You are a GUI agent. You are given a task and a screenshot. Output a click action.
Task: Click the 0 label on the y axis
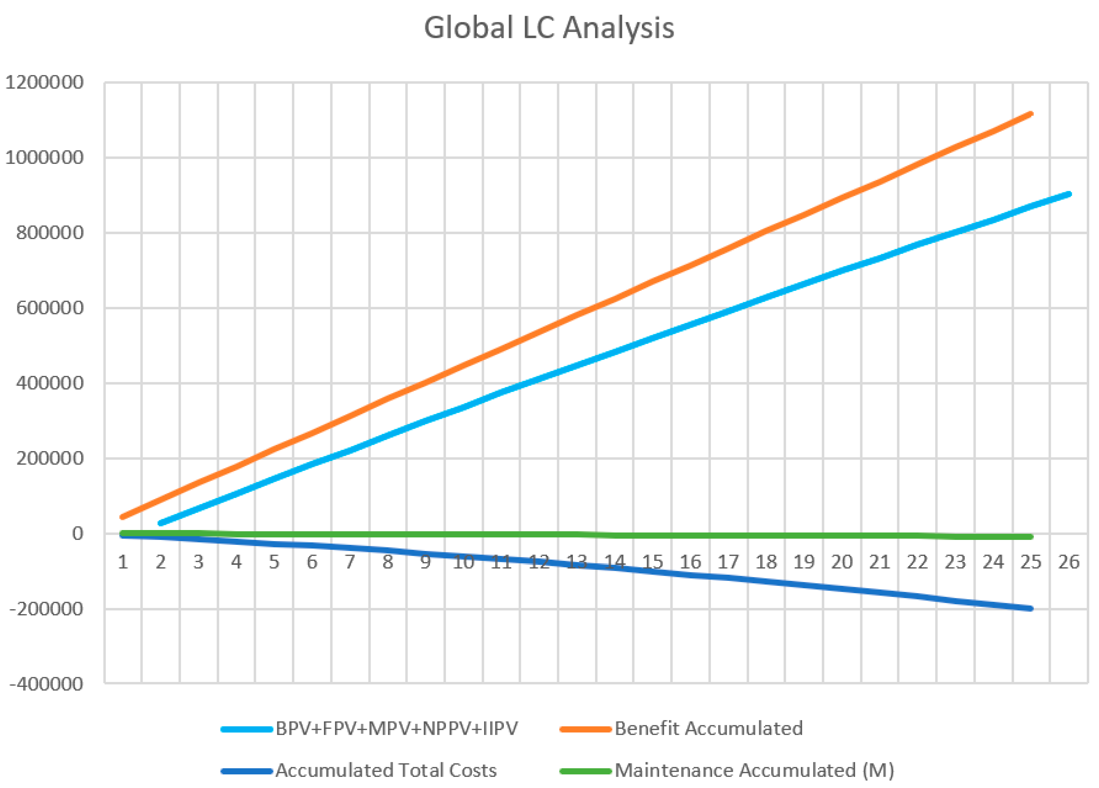[x=77, y=534]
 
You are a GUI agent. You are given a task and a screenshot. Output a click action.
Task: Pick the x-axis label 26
[x=1069, y=562]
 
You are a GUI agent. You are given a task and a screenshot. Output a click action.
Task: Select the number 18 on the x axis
[x=766, y=562]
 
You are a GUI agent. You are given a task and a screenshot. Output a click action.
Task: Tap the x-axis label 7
[x=350, y=562]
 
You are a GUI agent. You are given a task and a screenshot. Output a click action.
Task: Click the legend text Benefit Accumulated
[x=708, y=728]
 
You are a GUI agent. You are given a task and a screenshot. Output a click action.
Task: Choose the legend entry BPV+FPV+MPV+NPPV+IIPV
[x=396, y=728]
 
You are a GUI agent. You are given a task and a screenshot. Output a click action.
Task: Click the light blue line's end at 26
[x=1069, y=194]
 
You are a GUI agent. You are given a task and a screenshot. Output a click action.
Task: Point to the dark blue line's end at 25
[x=1031, y=608]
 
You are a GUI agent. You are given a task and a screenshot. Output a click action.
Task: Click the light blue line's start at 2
[x=161, y=523]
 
